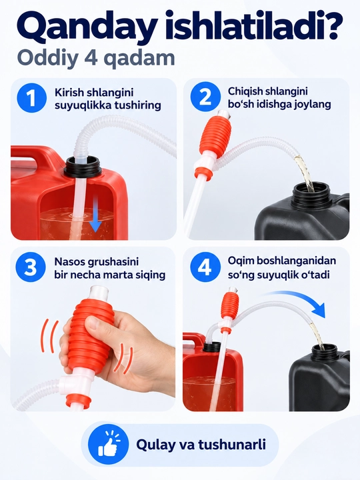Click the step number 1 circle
32,98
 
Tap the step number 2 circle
205,97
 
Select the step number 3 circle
31,267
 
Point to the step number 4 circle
205,267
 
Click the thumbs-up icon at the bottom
108,444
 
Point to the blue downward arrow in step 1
95,214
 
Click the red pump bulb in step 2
213,135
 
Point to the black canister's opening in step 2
312,191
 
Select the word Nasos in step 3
70,262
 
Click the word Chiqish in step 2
245,91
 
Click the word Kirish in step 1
69,93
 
